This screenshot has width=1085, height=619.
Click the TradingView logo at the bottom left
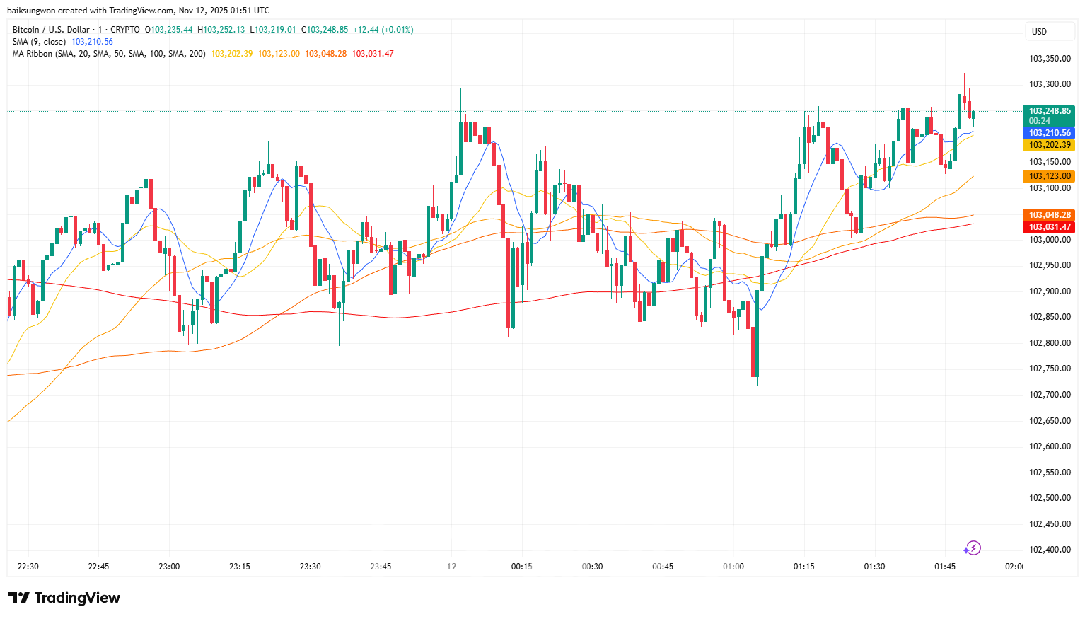click(64, 598)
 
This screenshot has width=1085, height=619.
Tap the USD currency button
click(1039, 31)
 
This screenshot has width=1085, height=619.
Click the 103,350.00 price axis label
click(1050, 59)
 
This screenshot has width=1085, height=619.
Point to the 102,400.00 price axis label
click(1050, 550)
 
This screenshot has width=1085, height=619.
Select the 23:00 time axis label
click(169, 567)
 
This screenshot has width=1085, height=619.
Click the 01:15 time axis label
click(803, 567)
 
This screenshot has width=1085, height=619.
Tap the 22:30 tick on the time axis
click(28, 567)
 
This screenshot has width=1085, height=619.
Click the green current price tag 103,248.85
click(1050, 111)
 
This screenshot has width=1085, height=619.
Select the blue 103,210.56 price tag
click(1050, 133)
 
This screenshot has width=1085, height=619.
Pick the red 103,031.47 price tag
click(1050, 227)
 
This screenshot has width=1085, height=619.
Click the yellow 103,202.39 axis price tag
click(1050, 145)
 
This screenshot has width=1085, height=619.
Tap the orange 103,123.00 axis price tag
click(1050, 176)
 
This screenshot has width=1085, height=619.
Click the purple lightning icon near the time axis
click(972, 548)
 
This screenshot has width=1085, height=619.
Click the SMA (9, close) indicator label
click(39, 42)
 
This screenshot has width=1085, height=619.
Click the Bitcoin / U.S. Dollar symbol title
click(51, 30)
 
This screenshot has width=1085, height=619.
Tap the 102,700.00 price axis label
click(1050, 395)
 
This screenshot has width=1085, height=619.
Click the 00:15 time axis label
click(522, 567)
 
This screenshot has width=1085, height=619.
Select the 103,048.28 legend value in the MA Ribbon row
click(326, 54)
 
